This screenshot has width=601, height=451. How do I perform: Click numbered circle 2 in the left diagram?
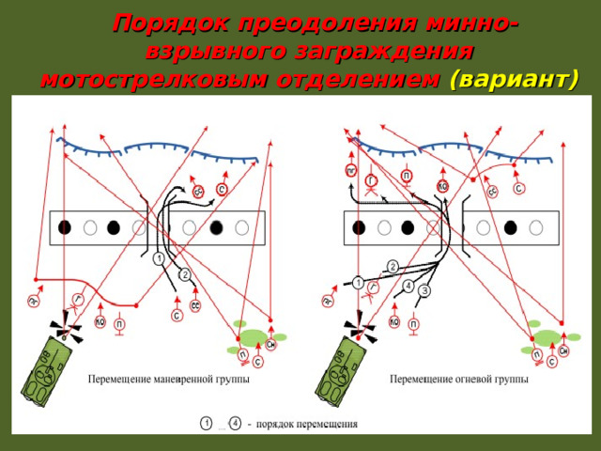(x=185, y=274)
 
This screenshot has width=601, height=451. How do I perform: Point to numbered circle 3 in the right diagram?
(x=424, y=291)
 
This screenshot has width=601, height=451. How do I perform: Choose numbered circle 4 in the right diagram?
(x=408, y=285)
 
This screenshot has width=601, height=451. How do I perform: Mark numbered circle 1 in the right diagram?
(x=359, y=281)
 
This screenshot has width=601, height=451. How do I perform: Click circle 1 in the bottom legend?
(x=206, y=423)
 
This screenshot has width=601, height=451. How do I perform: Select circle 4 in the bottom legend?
(x=235, y=423)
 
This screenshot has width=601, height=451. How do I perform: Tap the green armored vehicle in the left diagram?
(x=47, y=372)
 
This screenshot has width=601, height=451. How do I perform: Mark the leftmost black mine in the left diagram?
(x=65, y=226)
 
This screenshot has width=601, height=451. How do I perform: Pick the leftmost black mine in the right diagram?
(x=359, y=227)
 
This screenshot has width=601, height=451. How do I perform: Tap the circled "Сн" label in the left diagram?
(x=270, y=345)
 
